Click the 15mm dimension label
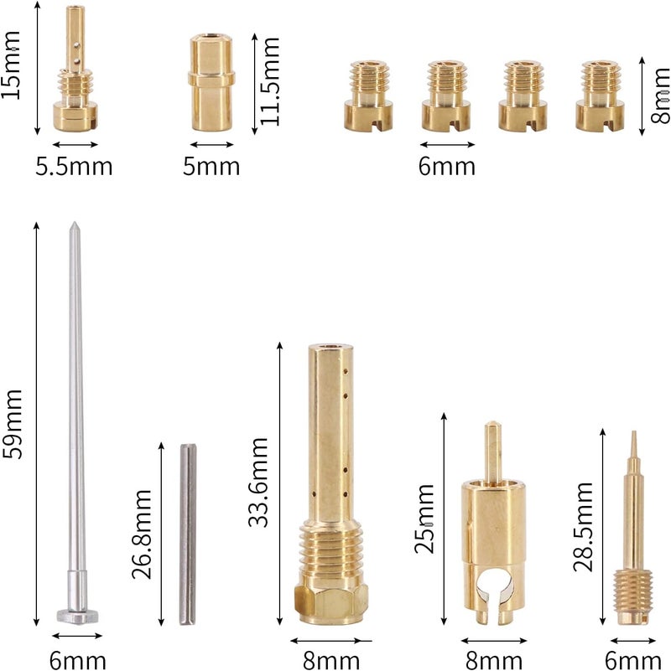11,65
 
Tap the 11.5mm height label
270,81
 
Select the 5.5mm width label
74,166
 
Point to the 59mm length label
12,424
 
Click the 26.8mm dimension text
142,534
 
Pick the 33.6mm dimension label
258,482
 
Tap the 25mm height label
424,519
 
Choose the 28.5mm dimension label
583,527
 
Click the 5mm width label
211,166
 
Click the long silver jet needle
76,423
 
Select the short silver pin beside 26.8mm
188,534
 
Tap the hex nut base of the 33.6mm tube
330,604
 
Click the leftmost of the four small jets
368,95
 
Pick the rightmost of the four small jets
600,95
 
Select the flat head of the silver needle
77,617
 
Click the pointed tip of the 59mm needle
74,223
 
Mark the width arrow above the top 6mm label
447,144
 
